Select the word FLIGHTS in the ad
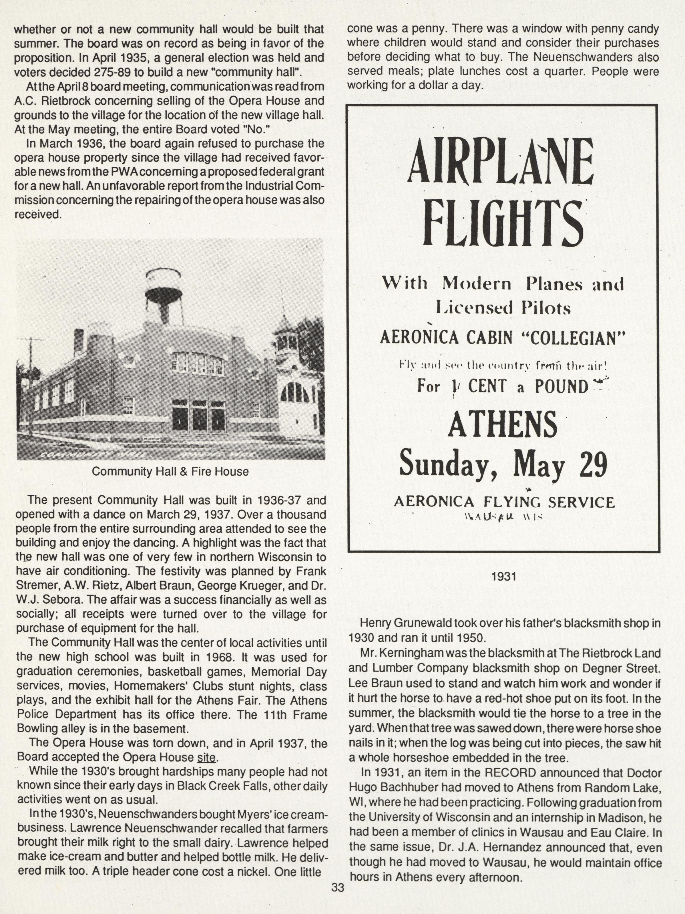point(503,223)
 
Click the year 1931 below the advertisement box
point(504,577)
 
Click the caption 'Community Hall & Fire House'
point(170,472)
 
